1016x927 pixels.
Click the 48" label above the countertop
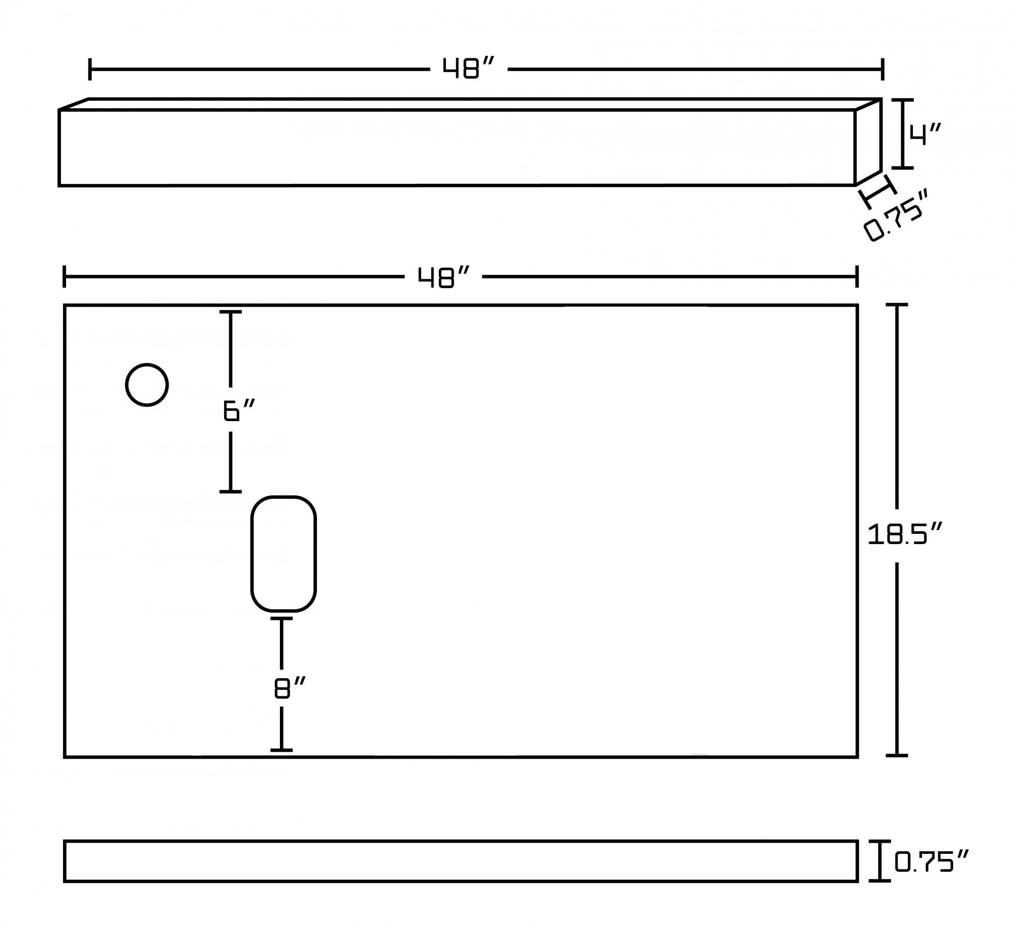click(443, 277)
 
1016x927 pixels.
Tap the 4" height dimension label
click(925, 135)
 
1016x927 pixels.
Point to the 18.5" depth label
click(905, 535)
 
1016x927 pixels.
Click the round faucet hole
click(147, 385)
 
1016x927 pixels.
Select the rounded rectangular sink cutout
click(283, 554)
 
